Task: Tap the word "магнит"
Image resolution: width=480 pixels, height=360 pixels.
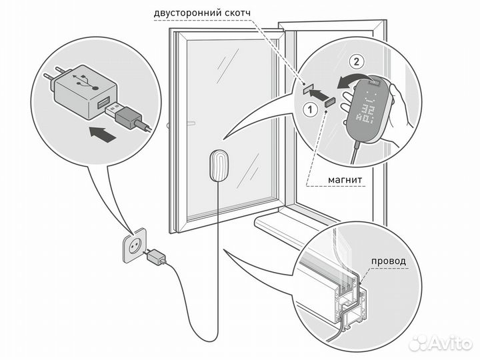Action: (x=345, y=180)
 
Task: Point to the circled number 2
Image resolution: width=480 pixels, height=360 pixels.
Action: (x=358, y=63)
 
